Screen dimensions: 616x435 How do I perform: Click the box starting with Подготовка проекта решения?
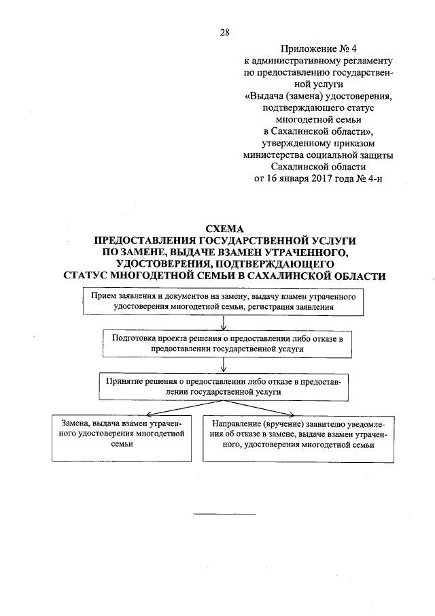click(224, 342)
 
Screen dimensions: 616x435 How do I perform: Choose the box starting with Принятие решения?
click(224, 387)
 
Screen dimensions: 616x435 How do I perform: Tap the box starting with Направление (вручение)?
click(300, 437)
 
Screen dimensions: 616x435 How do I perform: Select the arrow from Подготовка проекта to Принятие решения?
click(224, 364)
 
